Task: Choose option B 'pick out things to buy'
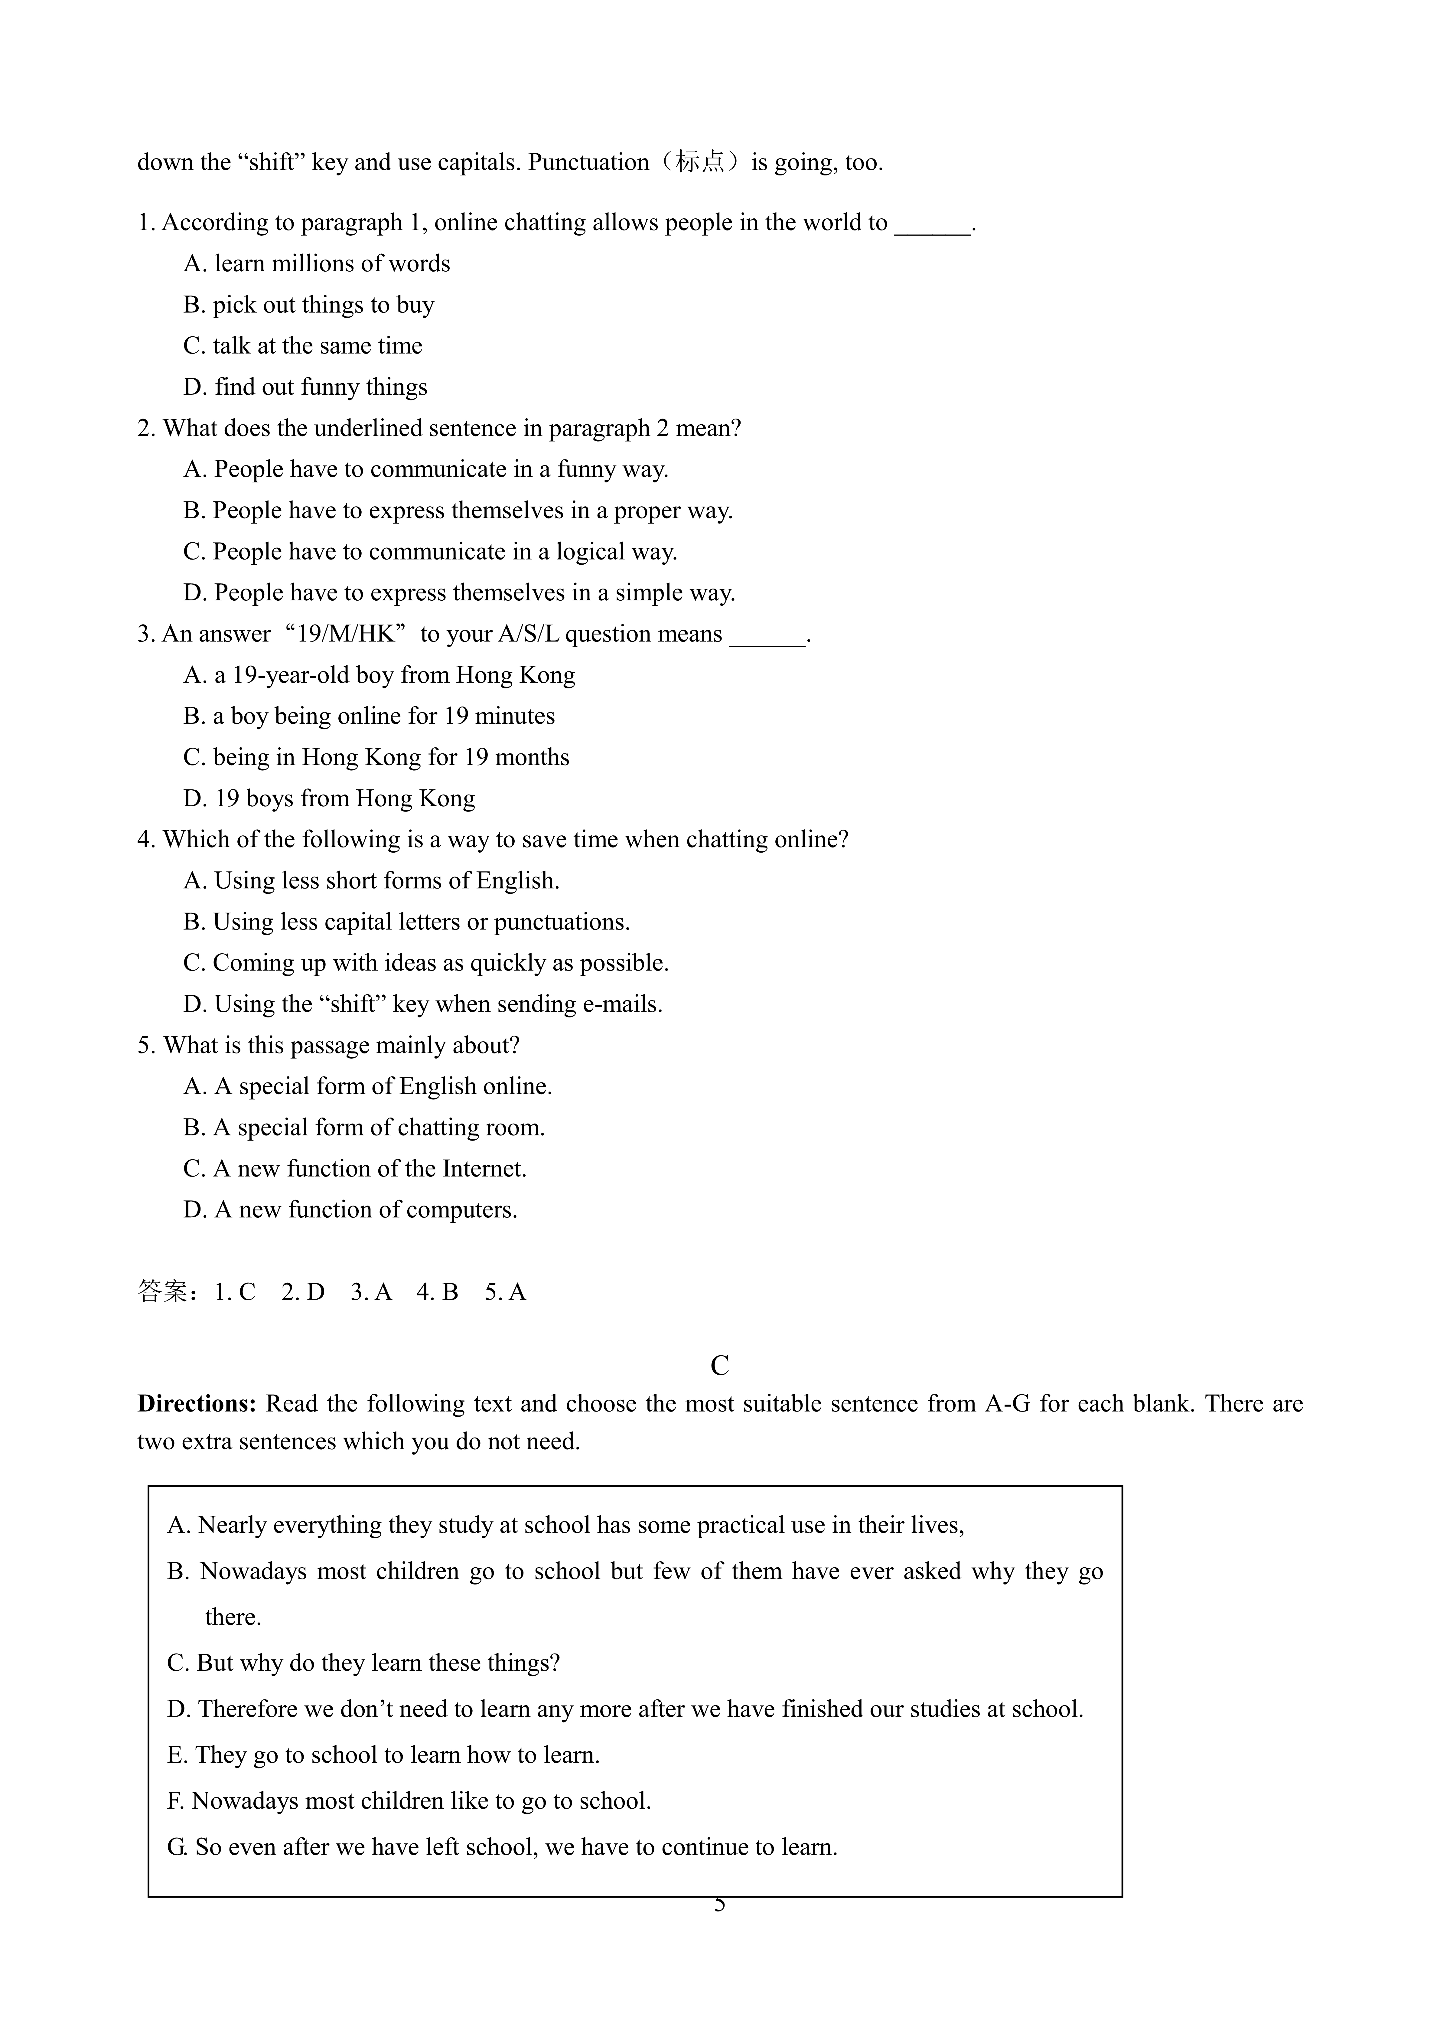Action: point(309,305)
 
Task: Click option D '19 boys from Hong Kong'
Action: point(329,798)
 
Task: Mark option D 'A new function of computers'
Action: point(350,1210)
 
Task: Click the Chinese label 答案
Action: point(163,1292)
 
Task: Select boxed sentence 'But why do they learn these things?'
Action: point(364,1663)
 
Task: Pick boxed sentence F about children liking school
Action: point(409,1801)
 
